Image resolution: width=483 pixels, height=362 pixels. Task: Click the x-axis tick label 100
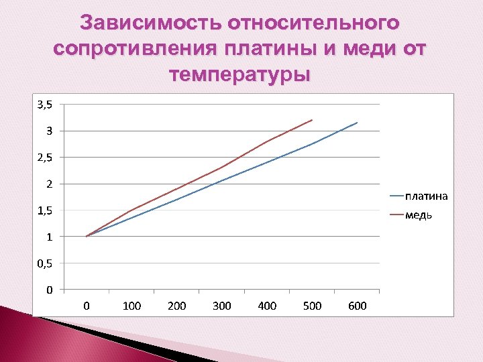(132, 306)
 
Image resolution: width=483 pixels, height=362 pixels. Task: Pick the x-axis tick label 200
(177, 306)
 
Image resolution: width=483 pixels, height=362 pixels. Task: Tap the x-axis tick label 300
(222, 306)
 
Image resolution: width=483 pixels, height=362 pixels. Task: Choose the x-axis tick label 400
(267, 306)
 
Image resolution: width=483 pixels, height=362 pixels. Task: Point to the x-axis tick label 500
(313, 306)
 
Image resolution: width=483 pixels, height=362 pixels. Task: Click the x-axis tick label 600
(358, 306)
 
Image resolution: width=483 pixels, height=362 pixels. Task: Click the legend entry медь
(418, 215)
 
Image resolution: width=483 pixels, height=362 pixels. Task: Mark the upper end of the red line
(313, 120)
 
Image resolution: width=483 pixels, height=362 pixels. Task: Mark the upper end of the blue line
(358, 123)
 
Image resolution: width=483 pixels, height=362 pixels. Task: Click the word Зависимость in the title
(151, 24)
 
